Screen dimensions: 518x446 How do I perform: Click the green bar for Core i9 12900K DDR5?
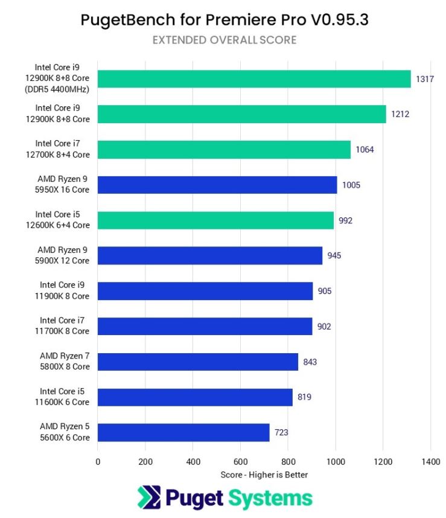point(253,78)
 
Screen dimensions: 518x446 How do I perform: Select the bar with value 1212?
point(241,114)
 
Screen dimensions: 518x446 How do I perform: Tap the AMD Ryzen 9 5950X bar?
point(217,185)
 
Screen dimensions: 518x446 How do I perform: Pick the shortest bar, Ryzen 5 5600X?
point(183,432)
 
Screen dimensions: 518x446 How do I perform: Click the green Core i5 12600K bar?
point(215,220)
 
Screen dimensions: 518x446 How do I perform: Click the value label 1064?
point(365,150)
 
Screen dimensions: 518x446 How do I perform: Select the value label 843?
point(310,362)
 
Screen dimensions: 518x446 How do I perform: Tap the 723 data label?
point(281,433)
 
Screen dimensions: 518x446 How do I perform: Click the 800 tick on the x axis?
point(288,462)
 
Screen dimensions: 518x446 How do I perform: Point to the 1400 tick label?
point(430,462)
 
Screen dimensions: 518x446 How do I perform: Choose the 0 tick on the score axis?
point(98,462)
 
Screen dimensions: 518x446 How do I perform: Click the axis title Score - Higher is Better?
point(264,475)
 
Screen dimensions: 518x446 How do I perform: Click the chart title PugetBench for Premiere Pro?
point(224,20)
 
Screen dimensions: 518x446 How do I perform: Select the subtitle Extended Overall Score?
point(224,40)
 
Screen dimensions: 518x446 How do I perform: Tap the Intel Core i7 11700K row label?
point(65,326)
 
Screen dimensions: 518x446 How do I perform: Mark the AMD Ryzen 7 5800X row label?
point(65,361)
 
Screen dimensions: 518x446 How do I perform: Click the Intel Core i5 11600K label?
point(65,397)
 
